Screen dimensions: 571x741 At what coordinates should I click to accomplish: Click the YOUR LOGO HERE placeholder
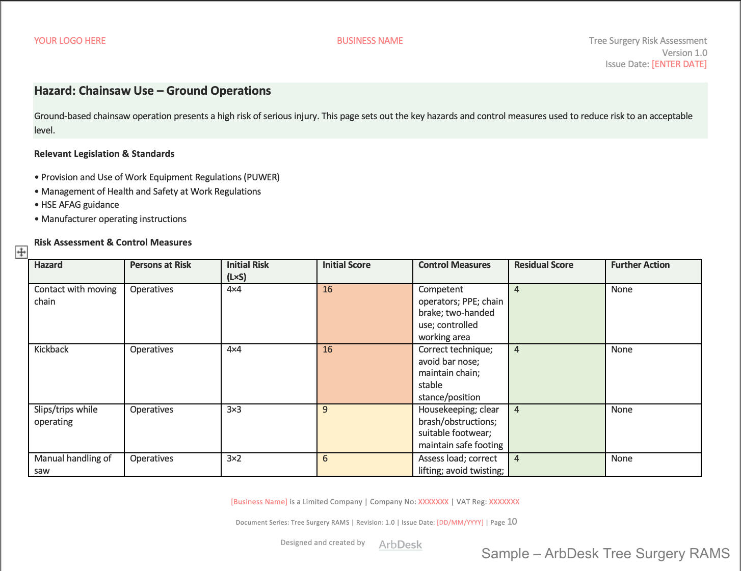[70, 41]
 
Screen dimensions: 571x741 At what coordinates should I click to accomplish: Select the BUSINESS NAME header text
[369, 41]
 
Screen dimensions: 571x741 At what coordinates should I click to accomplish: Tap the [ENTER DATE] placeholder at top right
[679, 64]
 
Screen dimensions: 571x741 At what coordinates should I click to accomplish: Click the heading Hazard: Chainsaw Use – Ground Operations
[152, 91]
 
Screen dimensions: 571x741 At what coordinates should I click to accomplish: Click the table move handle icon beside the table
[21, 252]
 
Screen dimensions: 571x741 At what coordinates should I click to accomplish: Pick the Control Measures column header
[454, 265]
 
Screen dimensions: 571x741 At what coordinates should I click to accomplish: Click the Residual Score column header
[543, 265]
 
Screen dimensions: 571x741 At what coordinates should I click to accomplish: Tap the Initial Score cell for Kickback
[364, 373]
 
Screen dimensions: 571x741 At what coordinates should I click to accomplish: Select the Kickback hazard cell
[76, 373]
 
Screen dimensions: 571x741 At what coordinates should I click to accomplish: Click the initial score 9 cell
[364, 428]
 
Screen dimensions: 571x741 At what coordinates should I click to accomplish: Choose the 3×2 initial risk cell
[269, 464]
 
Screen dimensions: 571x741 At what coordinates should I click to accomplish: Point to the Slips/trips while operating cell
[76, 428]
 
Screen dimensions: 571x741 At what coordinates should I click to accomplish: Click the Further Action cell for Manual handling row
[653, 464]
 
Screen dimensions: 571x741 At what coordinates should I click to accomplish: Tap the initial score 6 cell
[364, 464]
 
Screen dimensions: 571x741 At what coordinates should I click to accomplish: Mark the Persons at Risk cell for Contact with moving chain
[172, 313]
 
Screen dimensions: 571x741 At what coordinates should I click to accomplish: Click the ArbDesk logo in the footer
[400, 545]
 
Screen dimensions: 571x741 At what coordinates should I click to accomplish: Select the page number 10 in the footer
[512, 522]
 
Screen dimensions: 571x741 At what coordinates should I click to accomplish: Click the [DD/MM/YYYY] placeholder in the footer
[460, 522]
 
